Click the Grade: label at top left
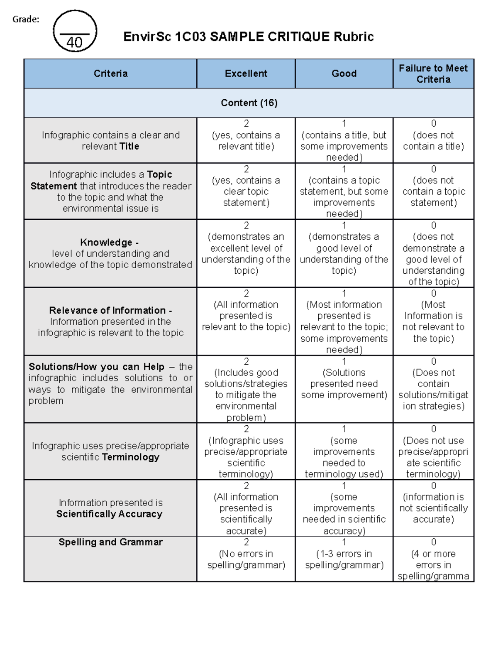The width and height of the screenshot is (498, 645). tap(26, 19)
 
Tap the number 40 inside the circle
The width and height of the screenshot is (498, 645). tap(75, 42)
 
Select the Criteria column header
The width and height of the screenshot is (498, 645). tap(110, 74)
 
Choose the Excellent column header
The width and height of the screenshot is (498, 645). tap(246, 74)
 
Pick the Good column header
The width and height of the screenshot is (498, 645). tap(344, 74)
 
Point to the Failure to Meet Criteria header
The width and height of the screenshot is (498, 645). tap(433, 74)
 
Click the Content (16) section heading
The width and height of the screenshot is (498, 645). tap(249, 103)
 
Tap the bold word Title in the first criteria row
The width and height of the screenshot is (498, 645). tap(129, 146)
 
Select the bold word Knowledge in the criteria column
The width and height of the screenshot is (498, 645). tap(106, 242)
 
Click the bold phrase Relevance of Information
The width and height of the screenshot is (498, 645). tap(107, 310)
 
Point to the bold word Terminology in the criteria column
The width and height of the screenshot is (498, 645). tap(131, 457)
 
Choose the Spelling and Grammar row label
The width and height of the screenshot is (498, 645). tap(110, 542)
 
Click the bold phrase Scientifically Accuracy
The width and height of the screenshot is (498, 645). tap(110, 514)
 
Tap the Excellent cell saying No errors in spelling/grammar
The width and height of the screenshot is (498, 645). tap(246, 559)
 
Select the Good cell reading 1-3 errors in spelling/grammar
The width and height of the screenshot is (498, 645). tap(344, 559)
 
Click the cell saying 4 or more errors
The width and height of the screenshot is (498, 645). tap(433, 559)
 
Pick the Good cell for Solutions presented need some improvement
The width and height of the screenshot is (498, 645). tap(344, 384)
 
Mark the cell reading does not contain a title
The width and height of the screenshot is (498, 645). tap(433, 140)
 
